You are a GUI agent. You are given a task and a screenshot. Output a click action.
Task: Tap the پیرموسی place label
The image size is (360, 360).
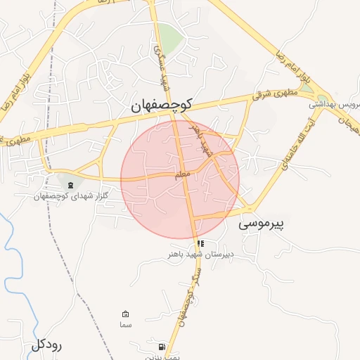pos(262,224)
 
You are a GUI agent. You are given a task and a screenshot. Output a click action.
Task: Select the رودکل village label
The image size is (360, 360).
pos(47,345)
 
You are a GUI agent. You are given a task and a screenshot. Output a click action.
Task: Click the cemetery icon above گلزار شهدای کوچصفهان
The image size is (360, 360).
pos(70,185)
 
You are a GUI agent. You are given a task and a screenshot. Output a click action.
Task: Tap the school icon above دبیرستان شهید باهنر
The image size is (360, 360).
pos(201,244)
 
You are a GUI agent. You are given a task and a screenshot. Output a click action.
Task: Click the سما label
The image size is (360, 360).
pos(126,325)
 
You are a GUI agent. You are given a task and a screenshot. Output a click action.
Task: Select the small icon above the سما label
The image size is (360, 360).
pos(126,314)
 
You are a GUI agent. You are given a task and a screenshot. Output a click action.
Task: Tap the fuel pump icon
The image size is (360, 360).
pos(163,347)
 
